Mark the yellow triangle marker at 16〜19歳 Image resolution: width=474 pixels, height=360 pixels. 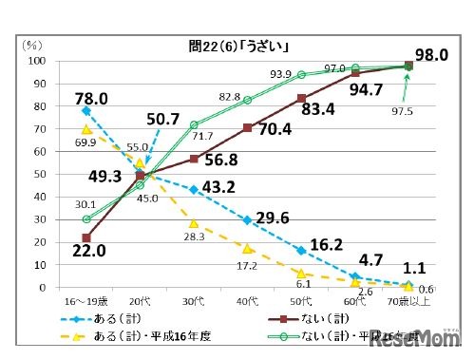click(86, 129)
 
